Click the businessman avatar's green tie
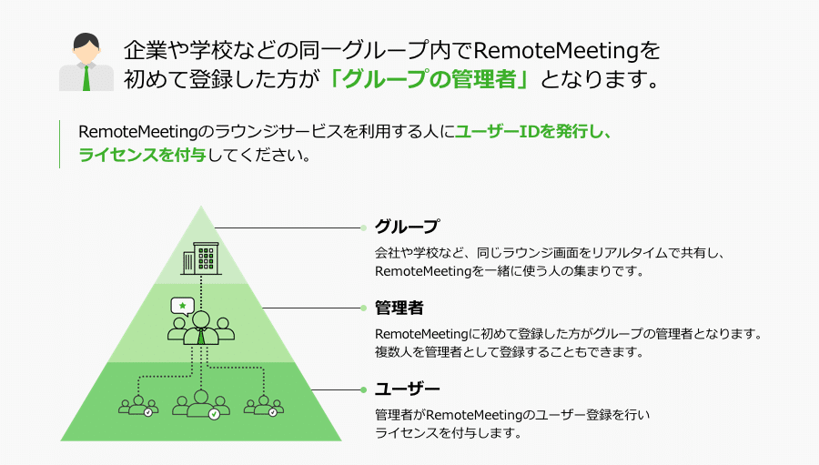point(86,78)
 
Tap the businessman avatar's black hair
point(86,40)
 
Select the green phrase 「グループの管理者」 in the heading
point(430,79)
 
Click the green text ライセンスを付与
point(143,156)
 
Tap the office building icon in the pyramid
point(200,258)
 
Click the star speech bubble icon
point(182,306)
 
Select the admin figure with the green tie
point(201,329)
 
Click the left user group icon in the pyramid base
point(138,406)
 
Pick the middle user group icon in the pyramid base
point(201,404)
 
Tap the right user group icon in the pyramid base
point(264,406)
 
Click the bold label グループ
point(408,227)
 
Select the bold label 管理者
point(399,308)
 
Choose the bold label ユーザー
point(408,389)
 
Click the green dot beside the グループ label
point(363,227)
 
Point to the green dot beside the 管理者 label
point(363,308)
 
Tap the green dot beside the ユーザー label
point(363,389)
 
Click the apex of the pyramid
point(201,206)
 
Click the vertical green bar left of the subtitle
point(59,144)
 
